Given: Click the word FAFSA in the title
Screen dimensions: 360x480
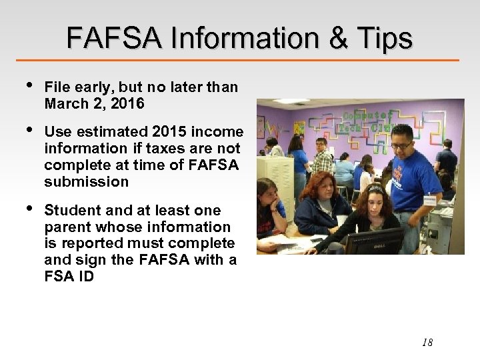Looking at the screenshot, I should (113, 39).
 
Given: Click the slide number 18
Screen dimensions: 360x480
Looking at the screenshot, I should (427, 343).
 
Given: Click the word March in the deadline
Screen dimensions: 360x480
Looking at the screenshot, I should (65, 103).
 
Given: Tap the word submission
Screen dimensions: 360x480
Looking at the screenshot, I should (86, 181).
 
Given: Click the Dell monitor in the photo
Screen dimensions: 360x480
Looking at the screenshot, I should (373, 241).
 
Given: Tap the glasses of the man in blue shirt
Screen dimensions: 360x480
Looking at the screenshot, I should (401, 145).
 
